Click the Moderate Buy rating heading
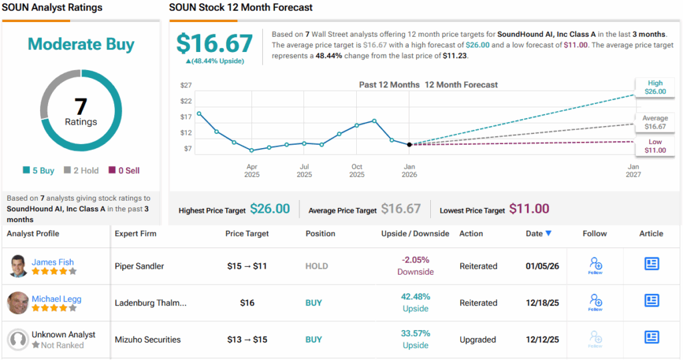coord(81,45)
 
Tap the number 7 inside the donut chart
coord(81,107)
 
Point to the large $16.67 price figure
coord(214,43)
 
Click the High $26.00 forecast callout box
coord(655,87)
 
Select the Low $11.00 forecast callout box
coord(655,146)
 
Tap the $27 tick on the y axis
coord(186,85)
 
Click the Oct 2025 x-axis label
coord(357,171)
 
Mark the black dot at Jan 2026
coord(409,144)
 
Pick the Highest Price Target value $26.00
coord(269,209)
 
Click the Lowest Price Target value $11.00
coord(529,209)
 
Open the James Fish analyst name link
coord(53,262)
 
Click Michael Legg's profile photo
coord(18,303)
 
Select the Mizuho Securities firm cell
coord(147,339)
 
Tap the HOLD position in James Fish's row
coord(317,266)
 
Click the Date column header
coord(538,233)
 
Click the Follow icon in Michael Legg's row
coord(595,303)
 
